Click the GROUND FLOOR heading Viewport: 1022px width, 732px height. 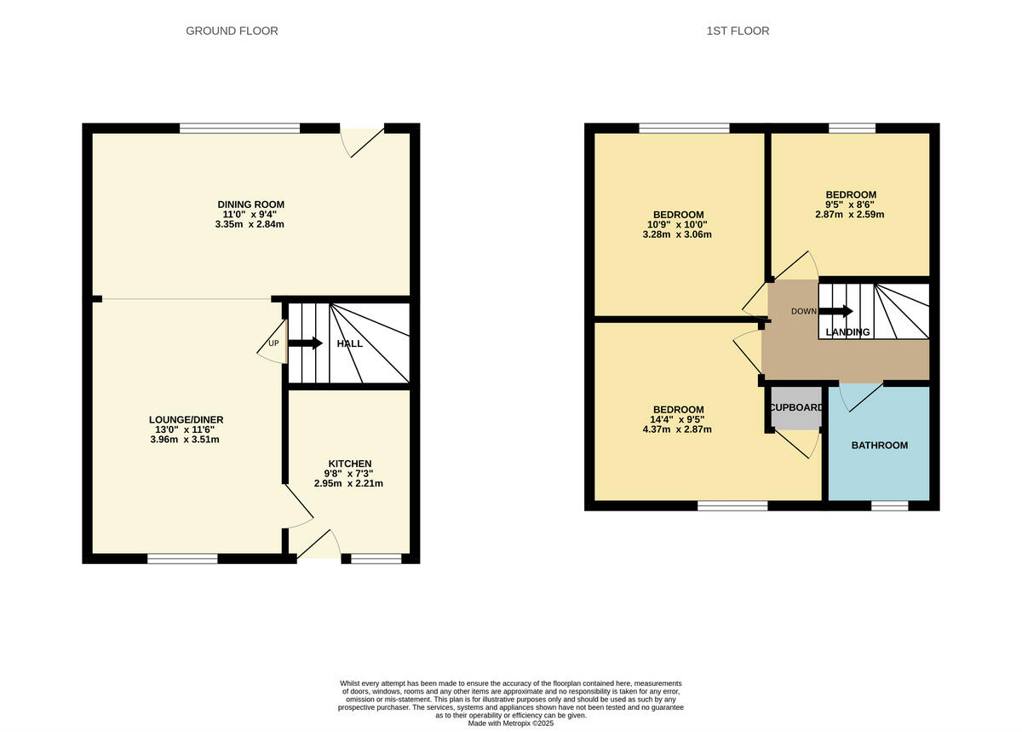click(x=232, y=32)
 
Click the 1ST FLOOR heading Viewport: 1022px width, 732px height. click(x=738, y=32)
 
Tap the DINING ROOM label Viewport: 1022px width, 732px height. click(x=250, y=205)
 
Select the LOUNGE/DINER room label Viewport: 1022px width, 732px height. click(x=186, y=420)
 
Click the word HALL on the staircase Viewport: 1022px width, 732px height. click(x=350, y=344)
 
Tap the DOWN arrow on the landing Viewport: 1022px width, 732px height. click(x=835, y=311)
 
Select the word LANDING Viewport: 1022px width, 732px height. click(x=848, y=332)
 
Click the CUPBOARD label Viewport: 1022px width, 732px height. click(x=796, y=407)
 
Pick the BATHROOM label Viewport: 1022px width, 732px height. click(x=880, y=446)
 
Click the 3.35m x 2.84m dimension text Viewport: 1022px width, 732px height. click(x=250, y=224)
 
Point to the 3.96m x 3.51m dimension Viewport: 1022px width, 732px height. click(x=186, y=440)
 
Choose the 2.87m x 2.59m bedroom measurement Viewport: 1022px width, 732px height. click(x=850, y=215)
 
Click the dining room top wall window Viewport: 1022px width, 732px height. click(x=239, y=129)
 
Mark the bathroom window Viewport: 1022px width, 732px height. click(x=889, y=506)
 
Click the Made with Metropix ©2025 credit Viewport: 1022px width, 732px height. click(x=511, y=723)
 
